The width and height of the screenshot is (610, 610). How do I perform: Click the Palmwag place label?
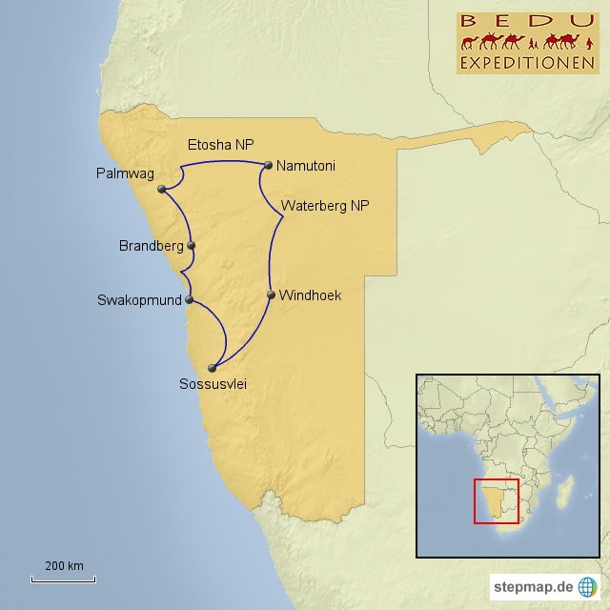click(x=124, y=173)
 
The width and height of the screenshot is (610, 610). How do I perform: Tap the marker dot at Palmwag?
click(x=163, y=189)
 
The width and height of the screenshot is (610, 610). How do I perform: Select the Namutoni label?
click(x=305, y=166)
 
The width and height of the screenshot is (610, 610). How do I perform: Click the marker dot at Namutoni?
click(x=269, y=165)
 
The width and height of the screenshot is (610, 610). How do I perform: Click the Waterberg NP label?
click(x=325, y=205)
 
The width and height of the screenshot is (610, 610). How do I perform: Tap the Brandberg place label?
click(x=151, y=246)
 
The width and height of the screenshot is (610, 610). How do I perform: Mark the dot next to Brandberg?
click(x=192, y=246)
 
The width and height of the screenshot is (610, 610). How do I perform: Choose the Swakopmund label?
click(x=139, y=300)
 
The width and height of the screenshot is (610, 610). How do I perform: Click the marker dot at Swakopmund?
click(x=190, y=300)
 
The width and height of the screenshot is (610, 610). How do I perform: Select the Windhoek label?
click(x=310, y=295)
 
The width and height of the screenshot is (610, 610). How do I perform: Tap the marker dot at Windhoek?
click(x=271, y=295)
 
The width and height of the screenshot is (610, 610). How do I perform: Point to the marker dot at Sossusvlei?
click(x=213, y=367)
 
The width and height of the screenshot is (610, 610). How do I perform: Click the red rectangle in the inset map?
click(x=496, y=501)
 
